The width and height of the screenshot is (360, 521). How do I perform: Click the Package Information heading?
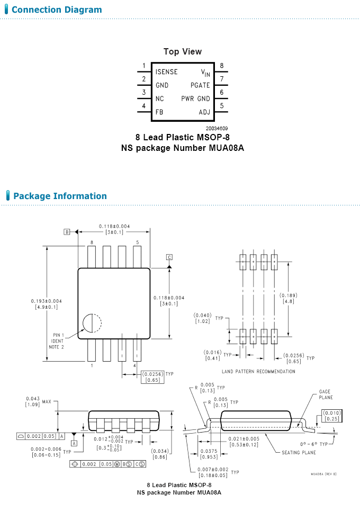pos(60,196)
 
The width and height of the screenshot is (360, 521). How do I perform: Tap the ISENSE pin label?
pos(166,71)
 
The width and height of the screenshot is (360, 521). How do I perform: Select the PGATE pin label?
pos(200,85)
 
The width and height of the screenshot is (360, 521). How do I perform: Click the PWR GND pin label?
pos(195,98)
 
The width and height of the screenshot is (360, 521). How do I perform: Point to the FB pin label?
pos(159,112)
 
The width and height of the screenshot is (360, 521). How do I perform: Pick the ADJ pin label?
pos(204,112)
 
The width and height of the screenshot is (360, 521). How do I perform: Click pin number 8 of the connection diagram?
pos(222,66)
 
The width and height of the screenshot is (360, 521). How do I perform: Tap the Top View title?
pos(183,51)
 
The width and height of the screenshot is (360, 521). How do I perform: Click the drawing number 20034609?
pos(217,129)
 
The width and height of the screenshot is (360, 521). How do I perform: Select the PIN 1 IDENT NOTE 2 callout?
pos(57,341)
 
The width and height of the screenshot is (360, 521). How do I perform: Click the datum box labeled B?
pos(67,232)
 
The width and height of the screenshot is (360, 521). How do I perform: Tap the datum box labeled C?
pos(169,257)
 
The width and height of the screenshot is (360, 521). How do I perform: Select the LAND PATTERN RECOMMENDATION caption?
pos(258,372)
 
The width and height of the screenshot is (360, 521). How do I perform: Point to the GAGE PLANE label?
pos(326,394)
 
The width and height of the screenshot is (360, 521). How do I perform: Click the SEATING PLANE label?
pos(299,452)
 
